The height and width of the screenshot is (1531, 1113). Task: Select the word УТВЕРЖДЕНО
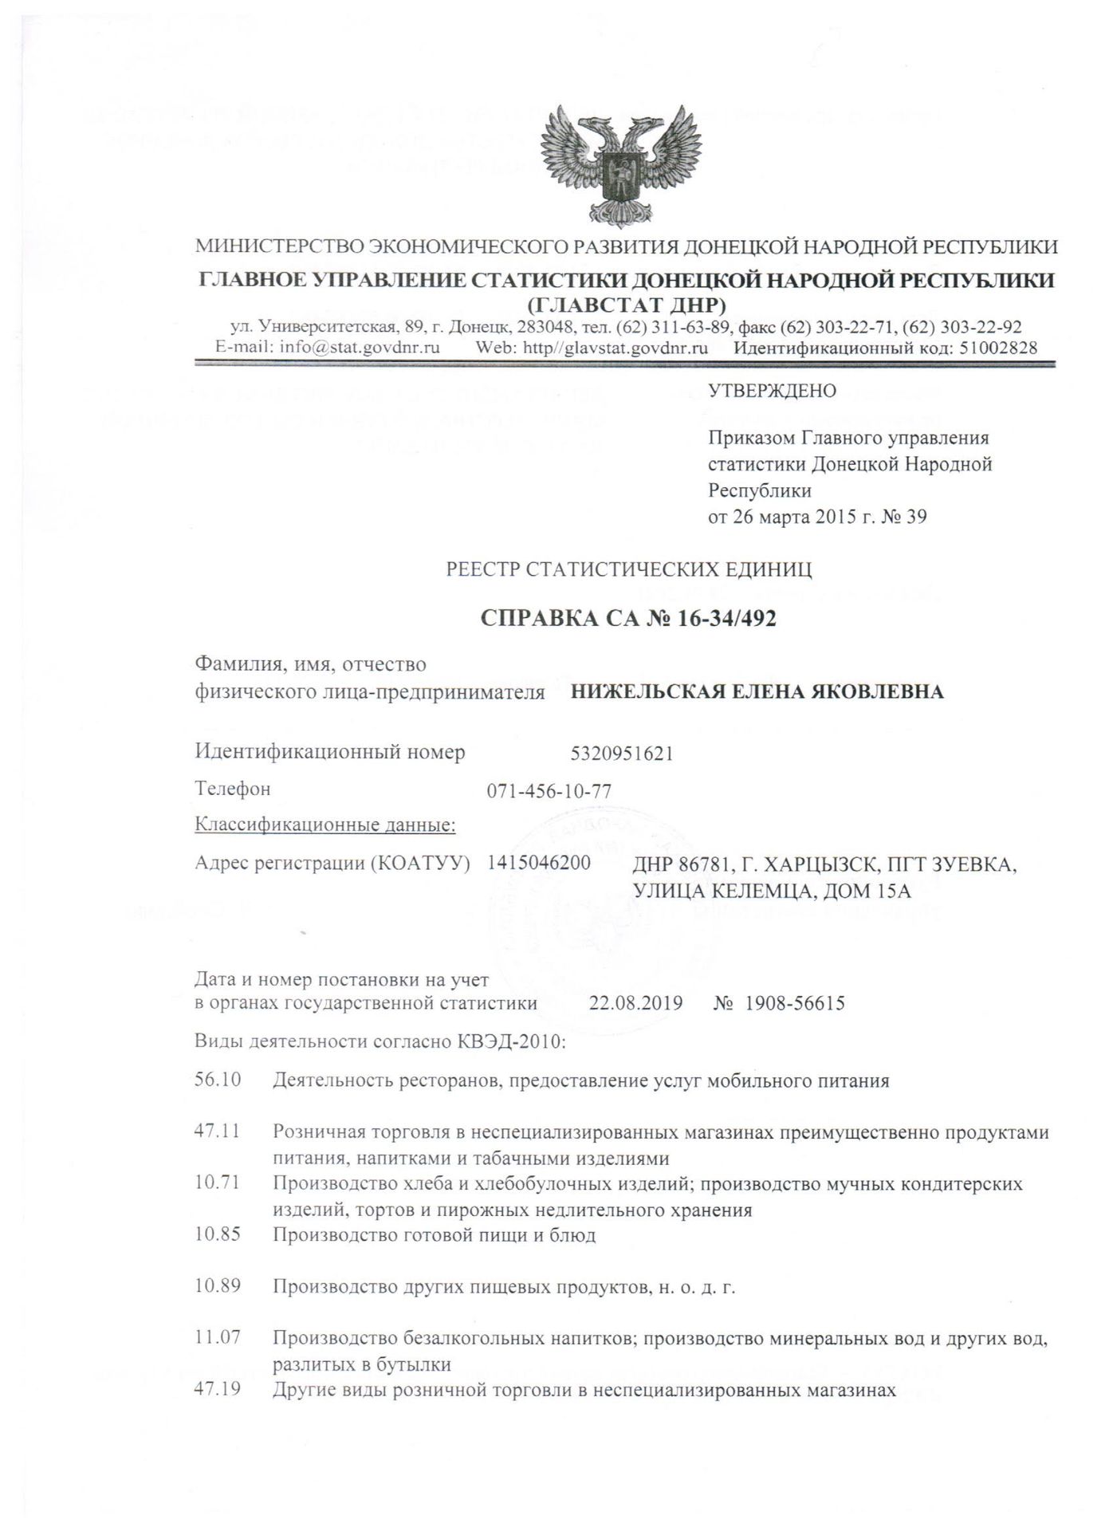[772, 391]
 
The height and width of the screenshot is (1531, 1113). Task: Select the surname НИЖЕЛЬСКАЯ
[646, 691]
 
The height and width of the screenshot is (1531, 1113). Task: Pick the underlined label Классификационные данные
[325, 825]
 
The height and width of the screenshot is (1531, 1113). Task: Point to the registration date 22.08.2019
[635, 1003]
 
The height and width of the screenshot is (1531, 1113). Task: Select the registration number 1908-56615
[794, 1003]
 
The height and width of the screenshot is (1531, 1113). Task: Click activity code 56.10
[218, 1081]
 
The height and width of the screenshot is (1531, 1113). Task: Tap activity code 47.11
[218, 1132]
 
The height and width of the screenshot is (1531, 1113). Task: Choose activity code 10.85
[218, 1235]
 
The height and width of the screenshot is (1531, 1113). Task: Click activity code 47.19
[218, 1390]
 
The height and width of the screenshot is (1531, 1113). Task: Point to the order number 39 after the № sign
[916, 517]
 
